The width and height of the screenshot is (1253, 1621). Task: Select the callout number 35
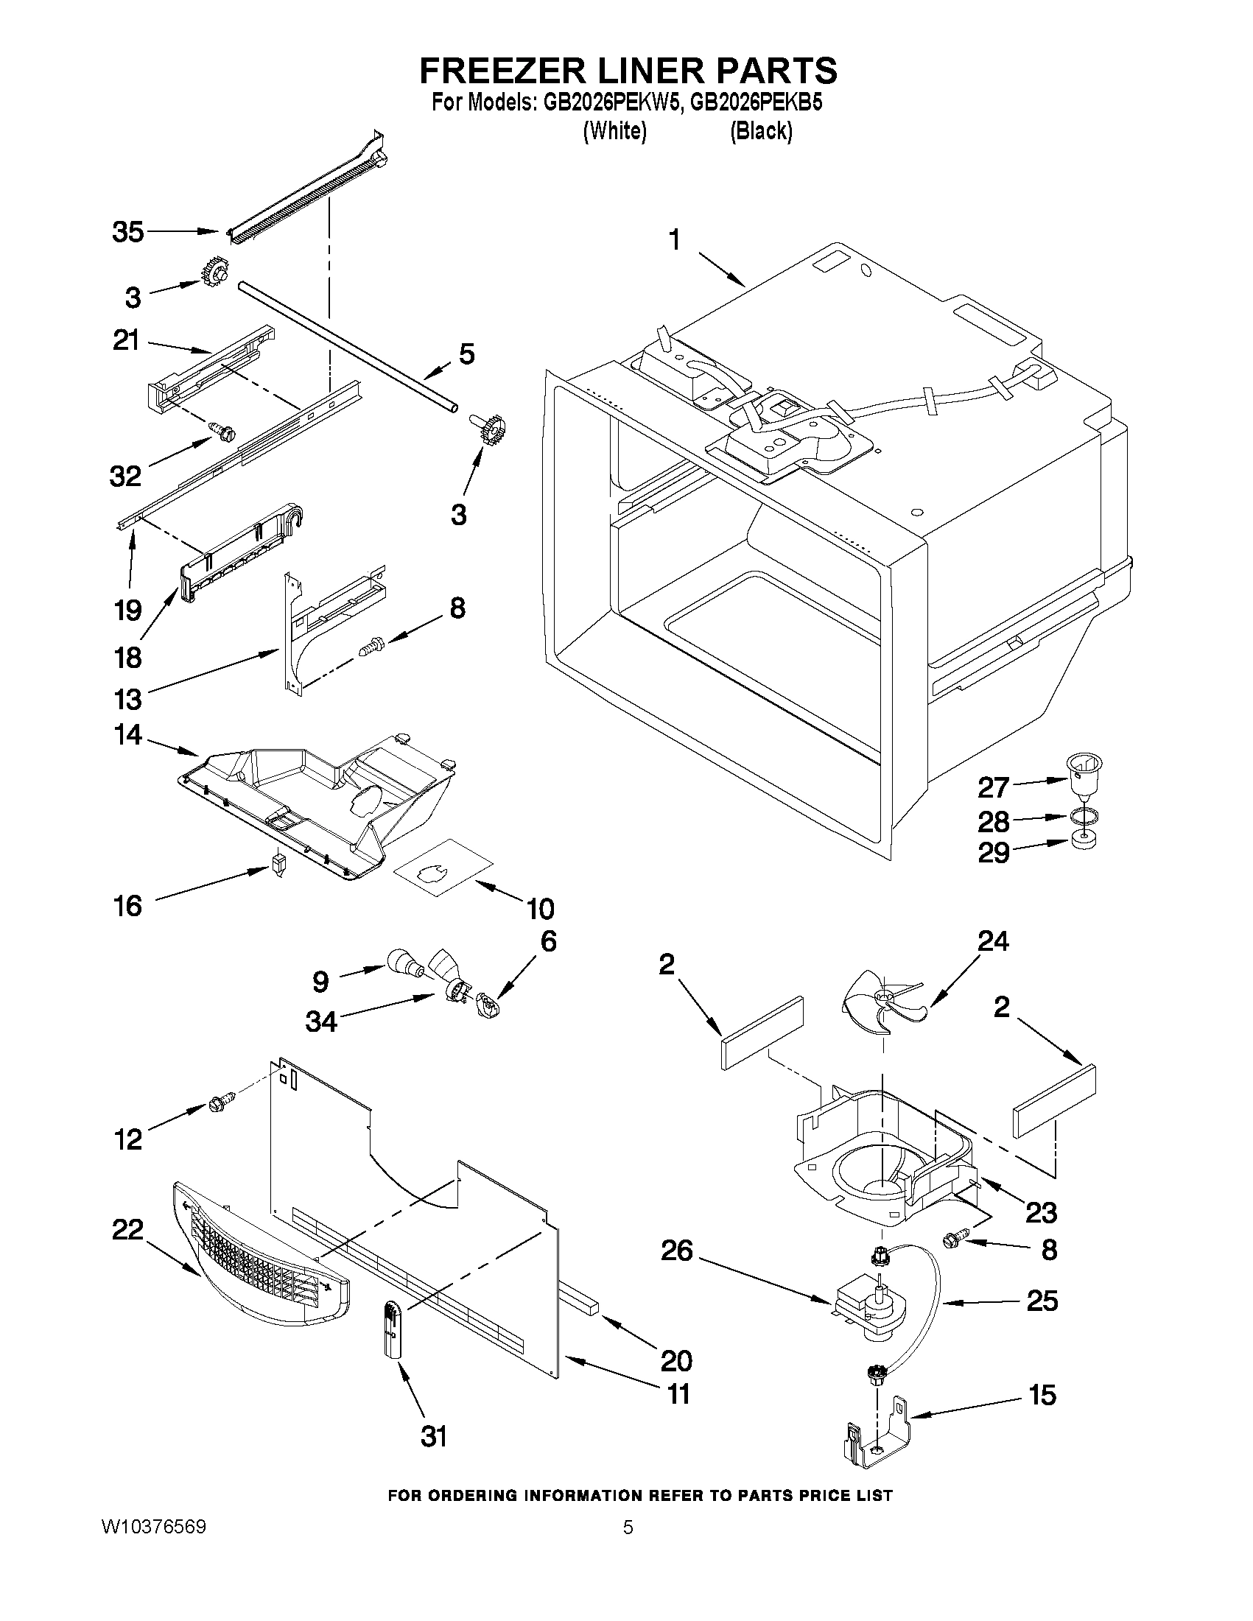(127, 232)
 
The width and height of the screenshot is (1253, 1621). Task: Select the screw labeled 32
(222, 429)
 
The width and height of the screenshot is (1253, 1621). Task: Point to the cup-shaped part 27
(1084, 773)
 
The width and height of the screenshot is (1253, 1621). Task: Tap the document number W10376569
(154, 1542)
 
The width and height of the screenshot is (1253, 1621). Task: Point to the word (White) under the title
(614, 130)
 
